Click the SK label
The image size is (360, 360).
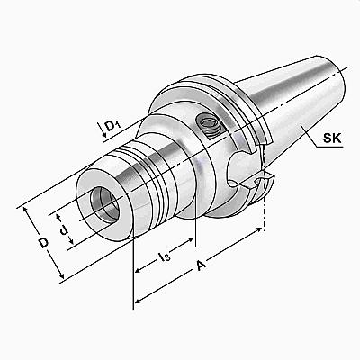point(332,139)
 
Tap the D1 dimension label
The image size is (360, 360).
point(113,125)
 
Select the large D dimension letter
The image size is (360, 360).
point(44,243)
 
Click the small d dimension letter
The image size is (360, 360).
point(64,230)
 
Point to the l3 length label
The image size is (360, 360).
point(164,256)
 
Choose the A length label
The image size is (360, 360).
point(202,265)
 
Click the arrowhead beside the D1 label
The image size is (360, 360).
point(103,135)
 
